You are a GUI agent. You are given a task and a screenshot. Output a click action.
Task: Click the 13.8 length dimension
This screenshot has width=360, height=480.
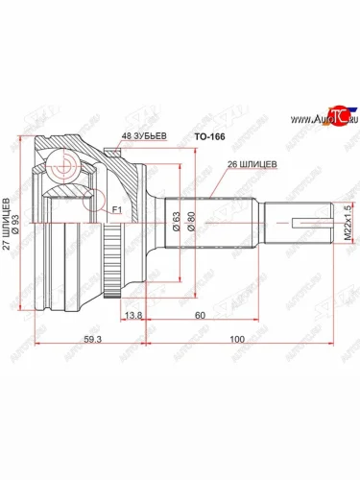click(x=133, y=315)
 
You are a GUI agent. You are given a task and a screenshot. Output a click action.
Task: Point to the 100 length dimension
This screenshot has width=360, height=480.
click(x=236, y=339)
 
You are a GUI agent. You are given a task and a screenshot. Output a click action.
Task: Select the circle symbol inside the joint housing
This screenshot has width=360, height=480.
click(x=66, y=164)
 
